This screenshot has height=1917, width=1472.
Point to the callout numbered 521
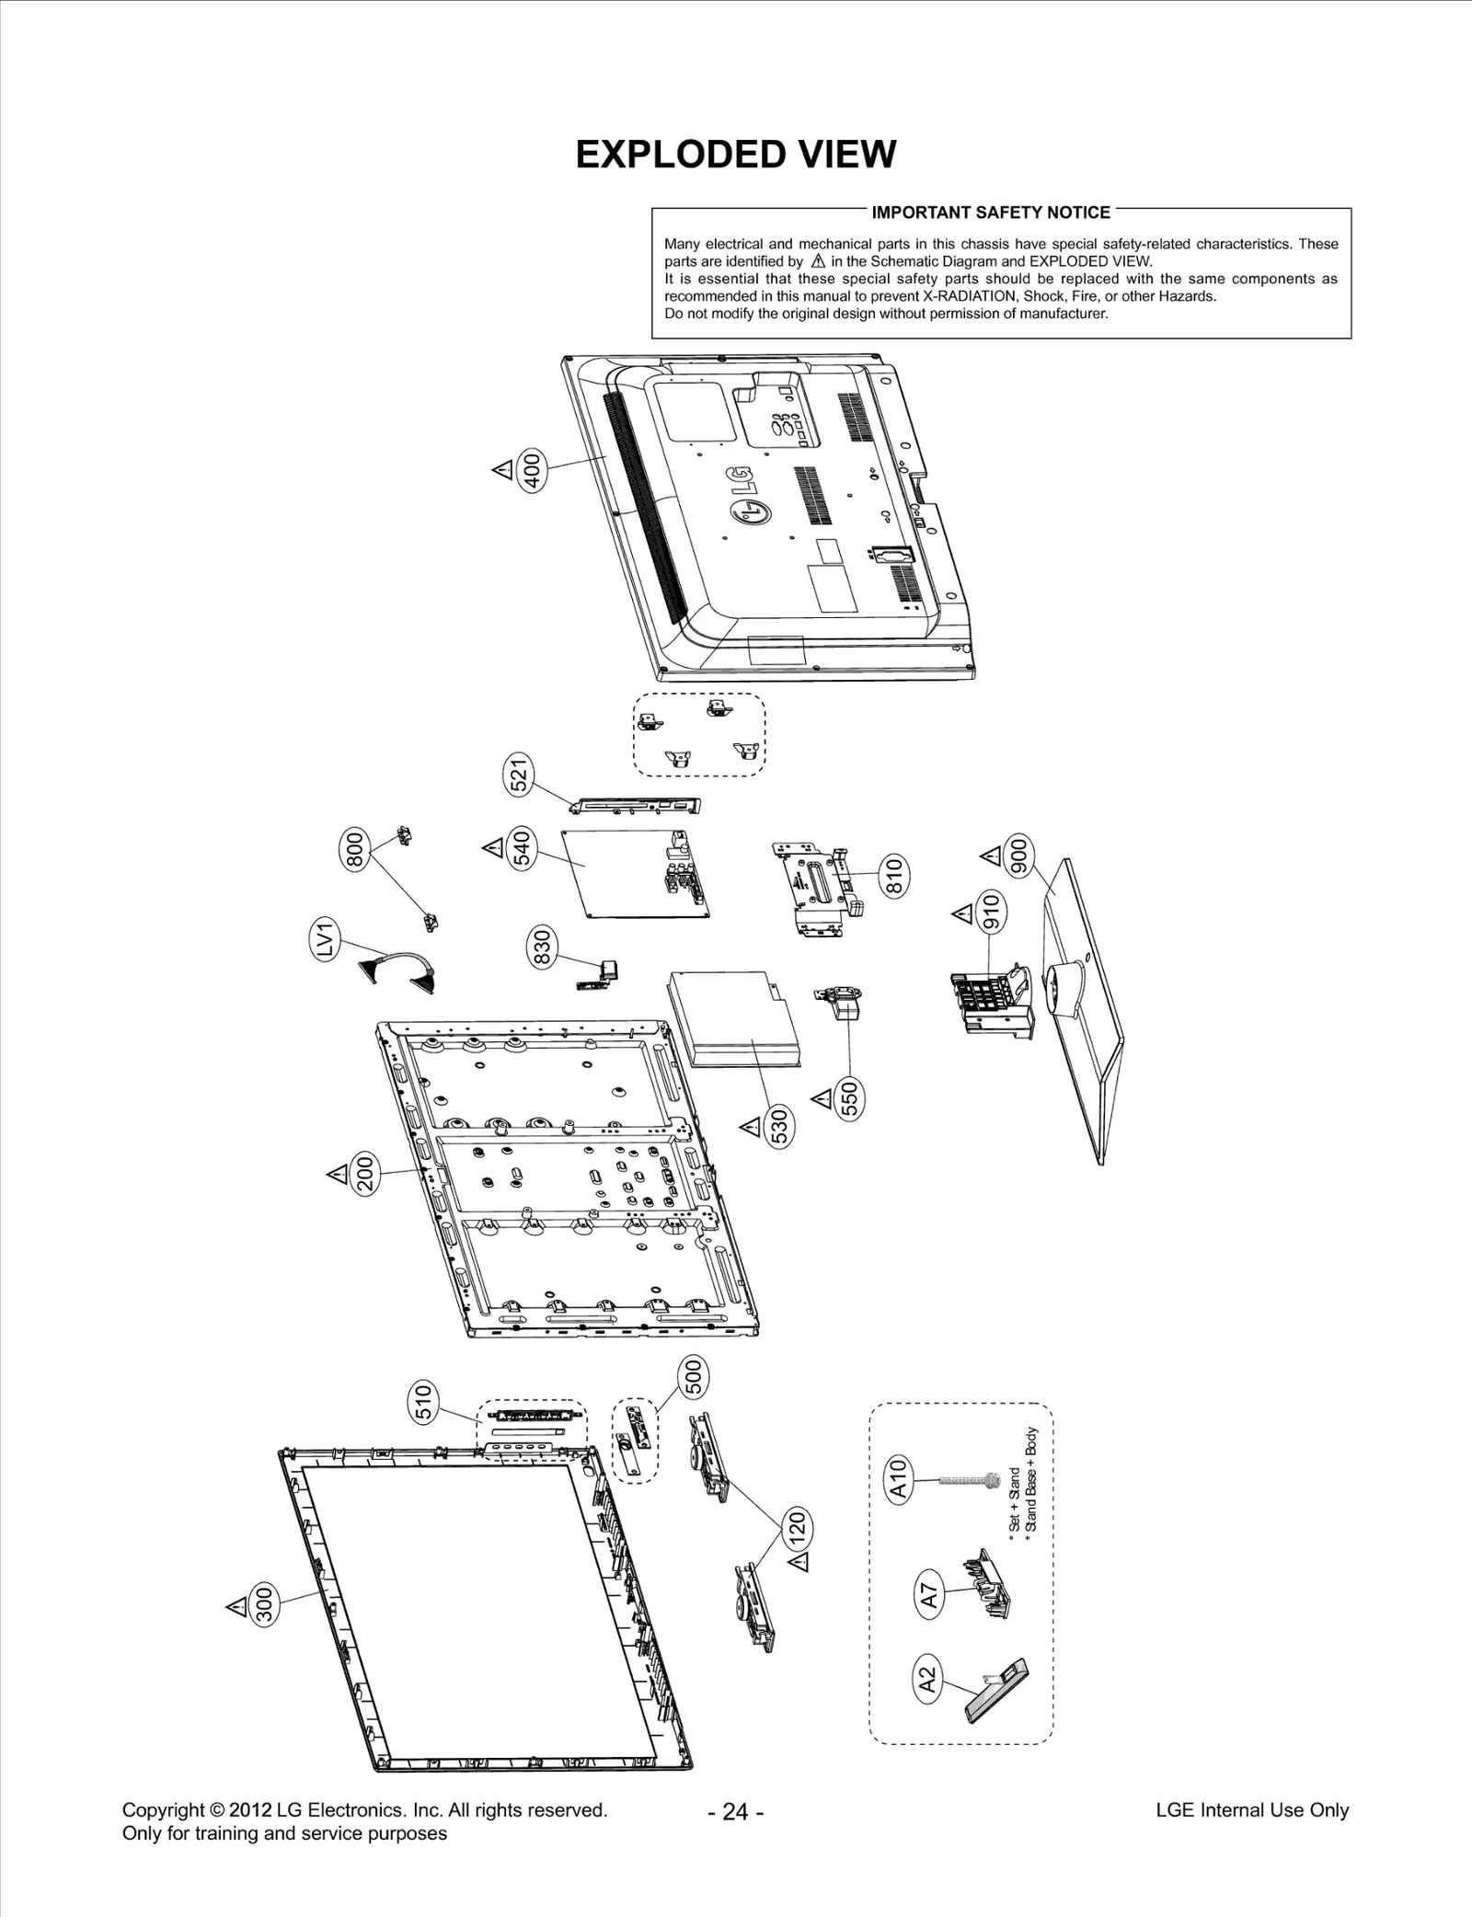click(x=520, y=774)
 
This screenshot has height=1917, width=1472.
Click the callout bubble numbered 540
click(x=521, y=848)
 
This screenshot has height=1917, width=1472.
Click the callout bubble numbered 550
click(x=850, y=1096)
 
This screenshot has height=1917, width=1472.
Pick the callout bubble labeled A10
click(x=899, y=1479)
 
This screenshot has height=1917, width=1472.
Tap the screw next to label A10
click(x=966, y=1479)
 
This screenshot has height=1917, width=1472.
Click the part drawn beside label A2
click(x=996, y=1689)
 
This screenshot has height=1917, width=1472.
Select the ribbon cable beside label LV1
click(x=397, y=971)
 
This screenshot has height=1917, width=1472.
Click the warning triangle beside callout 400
click(x=502, y=470)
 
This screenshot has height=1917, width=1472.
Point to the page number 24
click(x=736, y=1812)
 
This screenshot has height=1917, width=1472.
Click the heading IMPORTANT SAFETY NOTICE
click(x=991, y=212)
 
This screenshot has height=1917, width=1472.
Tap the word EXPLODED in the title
click(x=678, y=155)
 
